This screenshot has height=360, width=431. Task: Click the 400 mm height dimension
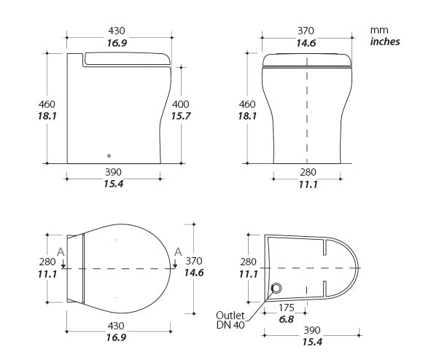pyautogui.click(x=182, y=104)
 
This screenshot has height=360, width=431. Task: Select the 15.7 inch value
pyautogui.click(x=182, y=116)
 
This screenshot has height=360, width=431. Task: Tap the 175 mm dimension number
pyautogui.click(x=287, y=308)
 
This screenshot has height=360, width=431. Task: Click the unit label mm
pyautogui.click(x=378, y=30)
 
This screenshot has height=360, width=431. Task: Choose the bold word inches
pyautogui.click(x=385, y=42)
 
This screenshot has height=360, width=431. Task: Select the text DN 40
pyautogui.click(x=230, y=326)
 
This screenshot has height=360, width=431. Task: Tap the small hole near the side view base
pyautogui.click(x=109, y=154)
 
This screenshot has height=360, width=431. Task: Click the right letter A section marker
pyautogui.click(x=177, y=252)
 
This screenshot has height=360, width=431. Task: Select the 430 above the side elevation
pyautogui.click(x=116, y=31)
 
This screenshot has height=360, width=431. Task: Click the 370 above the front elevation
pyautogui.click(x=306, y=31)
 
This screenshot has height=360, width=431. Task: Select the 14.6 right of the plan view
pyautogui.click(x=194, y=273)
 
